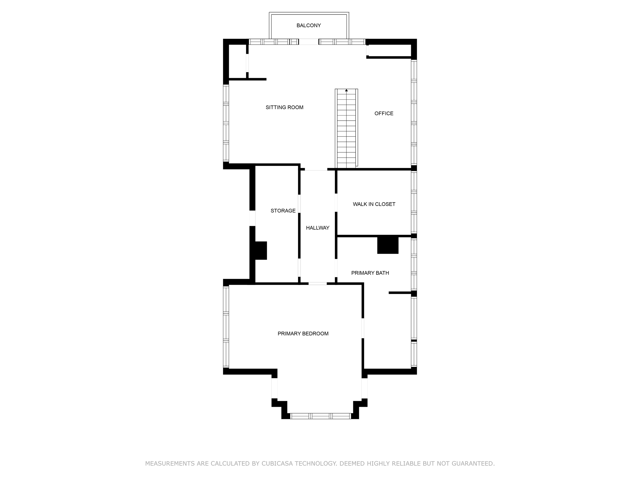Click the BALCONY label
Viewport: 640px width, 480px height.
tap(308, 25)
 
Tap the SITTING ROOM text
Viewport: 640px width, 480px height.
tap(284, 107)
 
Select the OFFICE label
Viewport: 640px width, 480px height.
tap(384, 113)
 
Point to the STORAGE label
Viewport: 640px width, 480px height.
tap(283, 211)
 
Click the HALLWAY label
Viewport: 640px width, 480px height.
tap(317, 228)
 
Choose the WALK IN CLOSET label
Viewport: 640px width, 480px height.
tap(374, 204)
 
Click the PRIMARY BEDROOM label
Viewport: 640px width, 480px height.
tap(303, 334)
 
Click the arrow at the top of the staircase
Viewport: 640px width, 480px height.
tap(346, 91)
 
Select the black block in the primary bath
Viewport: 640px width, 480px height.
tap(388, 245)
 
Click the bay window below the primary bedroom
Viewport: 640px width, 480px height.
tap(320, 416)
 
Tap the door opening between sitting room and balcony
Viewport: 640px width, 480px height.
tap(308, 42)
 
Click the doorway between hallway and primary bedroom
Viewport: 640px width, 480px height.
tap(317, 284)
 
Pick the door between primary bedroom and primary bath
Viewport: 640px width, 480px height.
tap(362, 328)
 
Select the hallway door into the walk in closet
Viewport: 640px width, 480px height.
tap(336, 202)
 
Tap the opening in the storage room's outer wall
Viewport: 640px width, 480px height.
tap(252, 218)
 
